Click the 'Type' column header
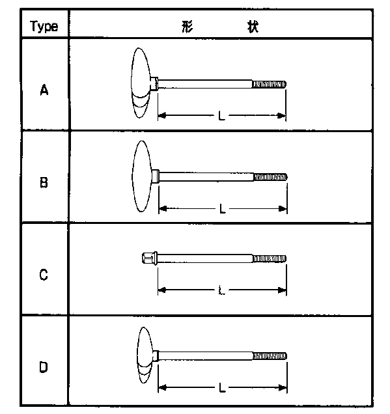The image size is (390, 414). tap(44, 27)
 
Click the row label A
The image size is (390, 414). tap(44, 90)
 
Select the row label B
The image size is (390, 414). tap(44, 182)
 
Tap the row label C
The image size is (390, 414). tap(44, 275)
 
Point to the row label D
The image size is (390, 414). tap(44, 367)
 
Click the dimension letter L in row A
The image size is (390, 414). tap(222, 116)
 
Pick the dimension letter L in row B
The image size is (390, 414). tap(223, 209)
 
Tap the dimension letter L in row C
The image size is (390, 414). tap(222, 290)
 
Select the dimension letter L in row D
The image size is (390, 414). tap(222, 387)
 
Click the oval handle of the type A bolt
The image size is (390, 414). tap(141, 83)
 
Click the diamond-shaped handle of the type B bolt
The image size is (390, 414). tap(142, 176)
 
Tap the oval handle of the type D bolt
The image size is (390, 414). tap(145, 355)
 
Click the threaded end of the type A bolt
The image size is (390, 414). tap(269, 84)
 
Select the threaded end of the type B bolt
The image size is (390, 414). tap(270, 177)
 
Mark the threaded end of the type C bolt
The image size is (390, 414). tap(270, 258)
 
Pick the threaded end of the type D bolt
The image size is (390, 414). tap(270, 356)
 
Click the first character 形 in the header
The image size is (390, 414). tap(188, 27)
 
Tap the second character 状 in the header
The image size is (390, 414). tap(253, 27)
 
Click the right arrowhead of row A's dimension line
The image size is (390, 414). tap(282, 116)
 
